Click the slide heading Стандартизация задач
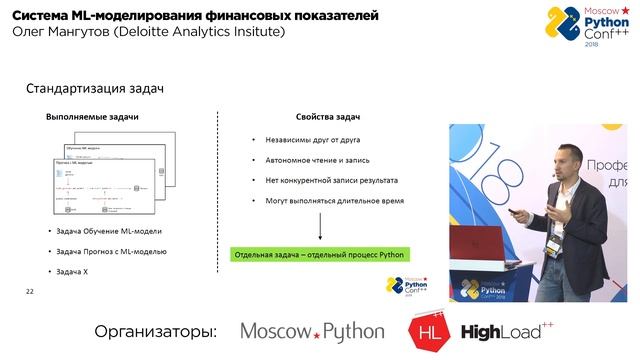(94, 90)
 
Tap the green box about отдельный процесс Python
(318, 255)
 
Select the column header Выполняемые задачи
(92, 117)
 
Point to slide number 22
(30, 290)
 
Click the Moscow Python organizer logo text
(311, 331)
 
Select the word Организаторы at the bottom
(155, 331)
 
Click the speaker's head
(568, 157)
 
